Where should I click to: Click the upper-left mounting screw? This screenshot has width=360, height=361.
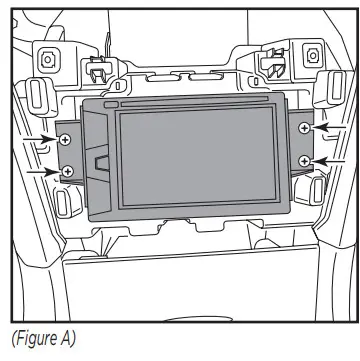pyautogui.click(x=67, y=140)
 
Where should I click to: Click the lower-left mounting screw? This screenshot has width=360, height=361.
pyautogui.click(x=67, y=171)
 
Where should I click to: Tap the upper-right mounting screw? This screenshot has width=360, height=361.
pyautogui.click(x=305, y=128)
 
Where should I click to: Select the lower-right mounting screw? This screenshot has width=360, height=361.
pyautogui.click(x=305, y=160)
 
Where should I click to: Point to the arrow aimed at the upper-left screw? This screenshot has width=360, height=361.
pyautogui.click(x=42, y=140)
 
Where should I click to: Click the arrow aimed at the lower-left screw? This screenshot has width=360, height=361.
pyautogui.click(x=40, y=171)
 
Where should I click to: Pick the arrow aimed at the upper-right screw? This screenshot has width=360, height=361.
pyautogui.click(x=331, y=128)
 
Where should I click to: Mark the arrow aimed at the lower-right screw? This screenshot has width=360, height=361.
pyautogui.click(x=331, y=160)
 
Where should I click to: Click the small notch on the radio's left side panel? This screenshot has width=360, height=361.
pyautogui.click(x=101, y=160)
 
